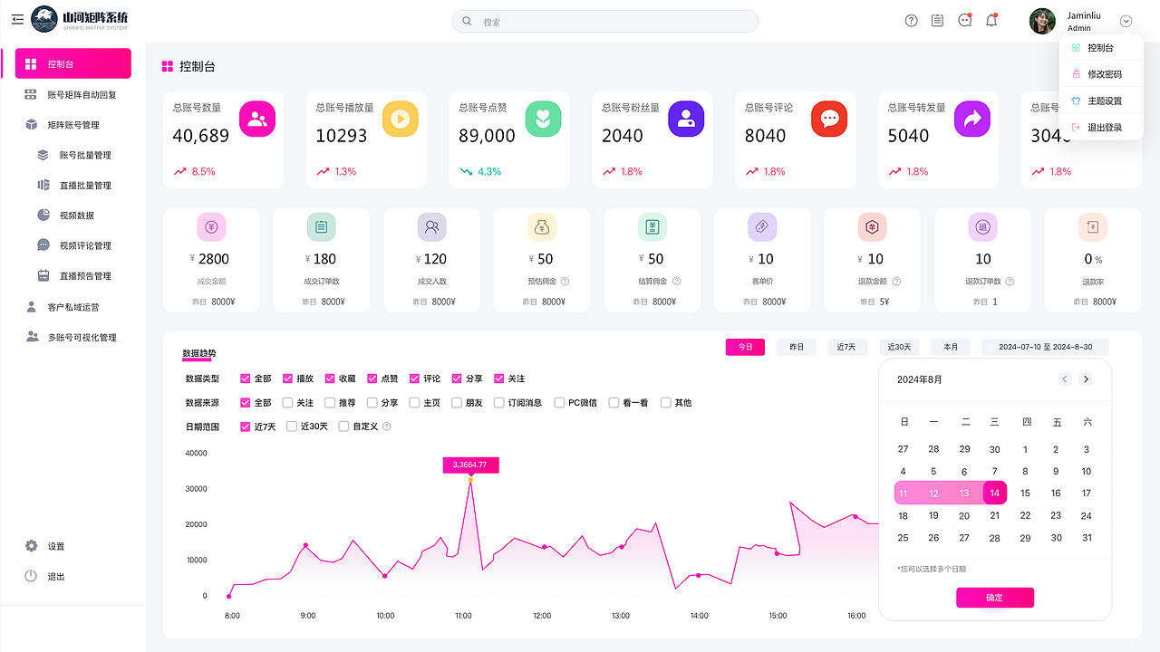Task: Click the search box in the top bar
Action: click(x=604, y=21)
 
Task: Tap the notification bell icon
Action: click(x=991, y=21)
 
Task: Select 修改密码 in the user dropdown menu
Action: click(x=1104, y=74)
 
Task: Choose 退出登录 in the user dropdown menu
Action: click(x=1104, y=128)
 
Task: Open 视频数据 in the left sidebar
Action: click(x=77, y=216)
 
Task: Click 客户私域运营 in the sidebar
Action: click(x=73, y=307)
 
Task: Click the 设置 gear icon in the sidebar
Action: click(x=32, y=546)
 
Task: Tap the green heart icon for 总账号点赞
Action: click(x=543, y=119)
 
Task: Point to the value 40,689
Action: click(x=201, y=136)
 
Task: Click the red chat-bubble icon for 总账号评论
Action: click(x=829, y=119)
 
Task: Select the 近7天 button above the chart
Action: click(x=852, y=347)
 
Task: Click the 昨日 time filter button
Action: click(x=797, y=347)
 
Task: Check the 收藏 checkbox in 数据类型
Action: click(x=331, y=379)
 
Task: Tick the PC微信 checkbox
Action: click(x=560, y=403)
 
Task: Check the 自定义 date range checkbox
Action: click(x=343, y=427)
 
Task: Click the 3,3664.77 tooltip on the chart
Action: click(x=470, y=465)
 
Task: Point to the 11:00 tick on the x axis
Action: click(x=463, y=616)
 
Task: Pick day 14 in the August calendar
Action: click(x=995, y=494)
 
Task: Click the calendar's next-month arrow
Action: click(x=1086, y=379)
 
